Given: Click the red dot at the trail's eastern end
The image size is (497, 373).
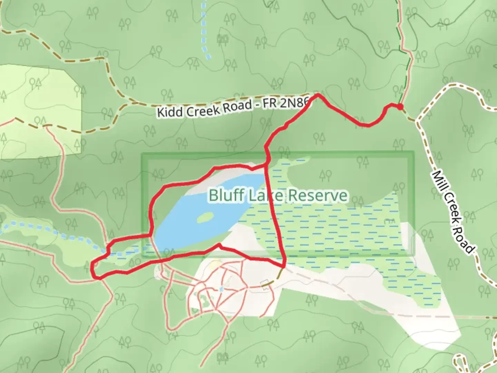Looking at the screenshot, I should coord(400,107).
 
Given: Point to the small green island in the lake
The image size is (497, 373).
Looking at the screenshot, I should coord(205,218).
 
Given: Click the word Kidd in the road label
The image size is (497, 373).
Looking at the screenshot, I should coord(168,112).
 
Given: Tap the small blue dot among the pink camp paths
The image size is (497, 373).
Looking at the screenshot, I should coord(221,289).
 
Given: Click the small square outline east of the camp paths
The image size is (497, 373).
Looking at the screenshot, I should coord(265,284).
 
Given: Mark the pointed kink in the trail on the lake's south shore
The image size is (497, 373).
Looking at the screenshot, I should coord(219,245).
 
